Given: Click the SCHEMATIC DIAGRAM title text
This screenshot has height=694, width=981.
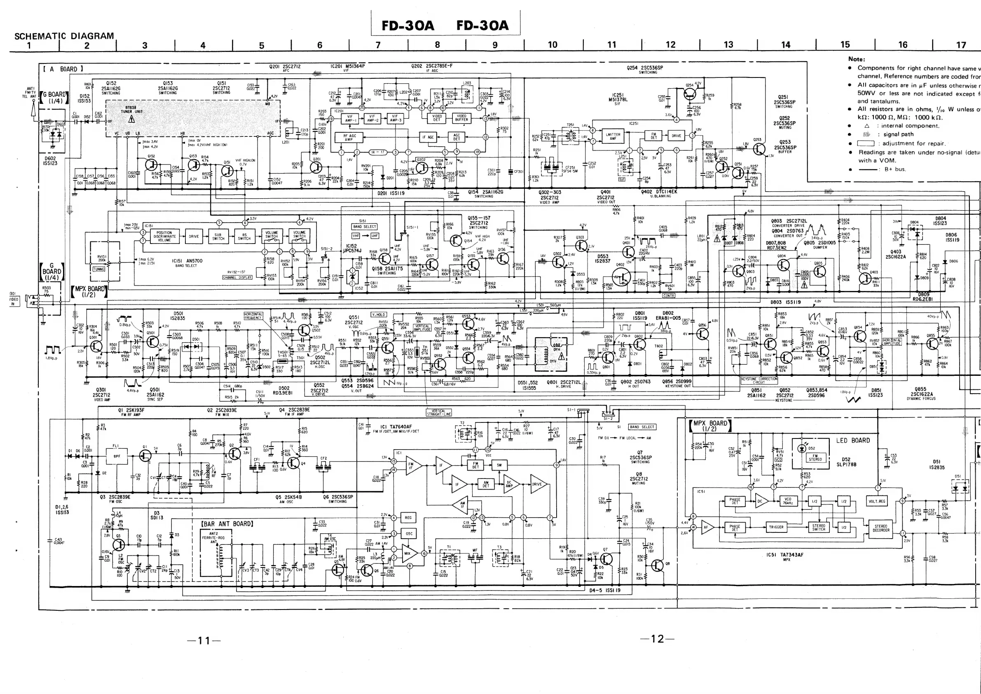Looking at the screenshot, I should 64,36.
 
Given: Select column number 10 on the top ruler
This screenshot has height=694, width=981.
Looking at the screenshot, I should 553,45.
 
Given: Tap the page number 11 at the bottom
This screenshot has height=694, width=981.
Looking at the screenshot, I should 204,640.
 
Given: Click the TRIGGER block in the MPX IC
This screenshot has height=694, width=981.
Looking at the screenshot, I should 776,527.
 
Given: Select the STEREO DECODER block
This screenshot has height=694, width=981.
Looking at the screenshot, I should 880,528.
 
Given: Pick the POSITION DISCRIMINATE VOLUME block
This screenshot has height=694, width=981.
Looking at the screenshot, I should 164,236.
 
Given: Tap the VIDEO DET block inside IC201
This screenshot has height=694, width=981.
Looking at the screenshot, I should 437,117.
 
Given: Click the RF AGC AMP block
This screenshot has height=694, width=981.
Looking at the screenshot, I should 349,137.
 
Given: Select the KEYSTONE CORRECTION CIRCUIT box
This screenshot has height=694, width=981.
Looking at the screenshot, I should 759,380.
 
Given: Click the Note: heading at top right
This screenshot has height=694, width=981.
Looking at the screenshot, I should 857,59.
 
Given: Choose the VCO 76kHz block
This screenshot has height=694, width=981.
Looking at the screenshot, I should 787,501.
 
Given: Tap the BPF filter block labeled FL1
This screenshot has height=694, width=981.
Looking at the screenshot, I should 117,456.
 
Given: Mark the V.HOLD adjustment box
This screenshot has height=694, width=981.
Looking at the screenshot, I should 379,314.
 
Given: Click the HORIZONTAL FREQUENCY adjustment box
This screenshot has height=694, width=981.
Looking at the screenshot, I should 253,316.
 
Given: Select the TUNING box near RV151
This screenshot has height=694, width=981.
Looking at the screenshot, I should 99,269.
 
